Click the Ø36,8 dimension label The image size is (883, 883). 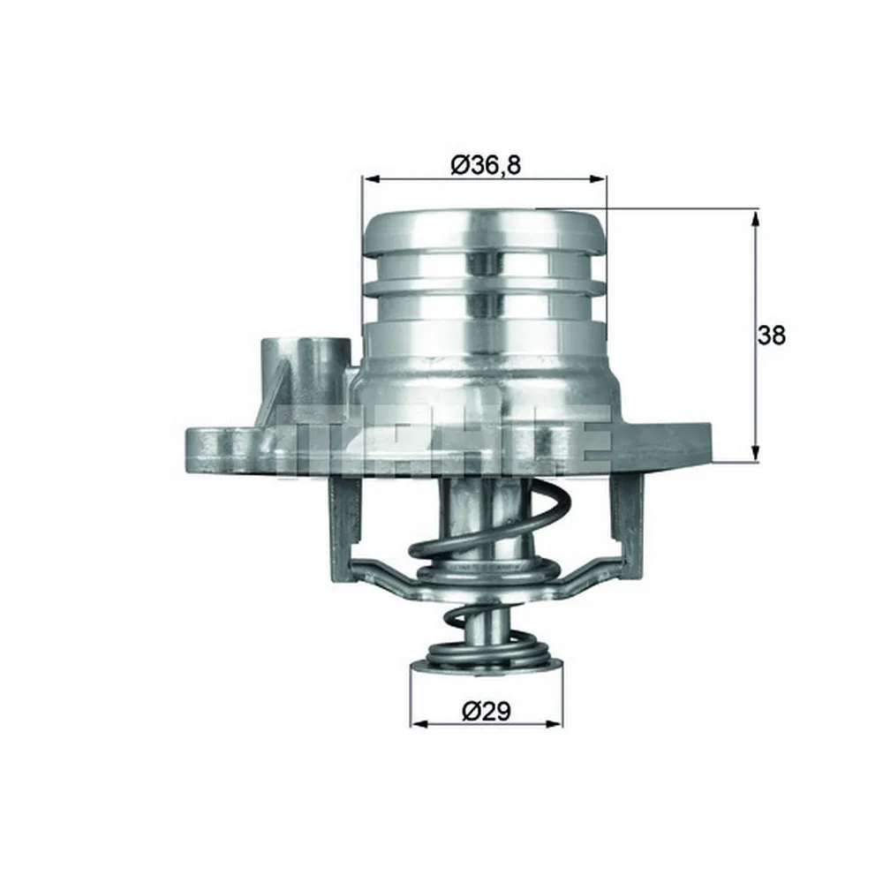485,165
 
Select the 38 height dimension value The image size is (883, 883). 771,336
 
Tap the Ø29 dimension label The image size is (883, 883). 487,711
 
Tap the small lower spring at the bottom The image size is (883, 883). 487,653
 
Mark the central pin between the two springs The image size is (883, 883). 487,618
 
